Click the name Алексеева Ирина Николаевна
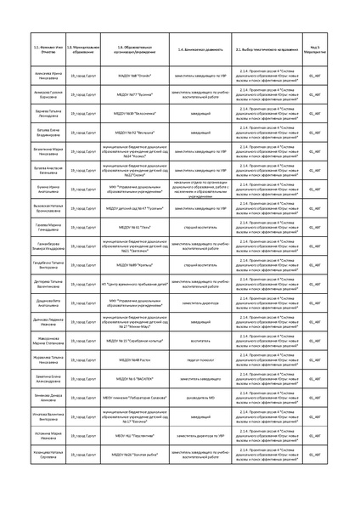(37, 76)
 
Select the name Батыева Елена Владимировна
(37, 133)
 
